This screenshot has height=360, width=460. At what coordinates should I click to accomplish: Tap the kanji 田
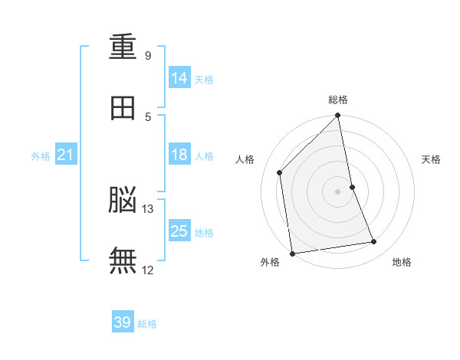[123, 108]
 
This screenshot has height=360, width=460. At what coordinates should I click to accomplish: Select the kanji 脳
[123, 200]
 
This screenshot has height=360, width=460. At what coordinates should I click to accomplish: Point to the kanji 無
[123, 260]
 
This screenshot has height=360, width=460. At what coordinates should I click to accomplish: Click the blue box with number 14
[179, 78]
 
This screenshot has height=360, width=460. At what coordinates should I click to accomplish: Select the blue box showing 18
[179, 155]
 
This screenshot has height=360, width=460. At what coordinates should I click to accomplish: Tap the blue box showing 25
[179, 231]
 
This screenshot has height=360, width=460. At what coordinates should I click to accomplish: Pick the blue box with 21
[66, 155]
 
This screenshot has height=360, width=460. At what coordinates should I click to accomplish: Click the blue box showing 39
[123, 322]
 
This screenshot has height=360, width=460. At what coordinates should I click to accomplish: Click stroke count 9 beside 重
[147, 56]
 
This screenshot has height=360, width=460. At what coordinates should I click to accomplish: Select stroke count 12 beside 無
[147, 270]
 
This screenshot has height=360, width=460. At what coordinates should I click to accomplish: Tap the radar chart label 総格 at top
[338, 100]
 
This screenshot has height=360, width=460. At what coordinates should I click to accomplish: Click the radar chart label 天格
[432, 159]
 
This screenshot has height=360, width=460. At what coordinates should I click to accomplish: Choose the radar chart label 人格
[245, 159]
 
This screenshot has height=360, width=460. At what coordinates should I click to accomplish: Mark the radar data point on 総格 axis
[338, 116]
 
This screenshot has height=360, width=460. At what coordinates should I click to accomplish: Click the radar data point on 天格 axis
[352, 187]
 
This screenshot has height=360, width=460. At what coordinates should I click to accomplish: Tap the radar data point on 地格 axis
[374, 242]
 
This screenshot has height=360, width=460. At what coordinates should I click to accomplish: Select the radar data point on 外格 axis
[292, 253]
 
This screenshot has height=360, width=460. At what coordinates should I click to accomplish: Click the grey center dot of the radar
[338, 191]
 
